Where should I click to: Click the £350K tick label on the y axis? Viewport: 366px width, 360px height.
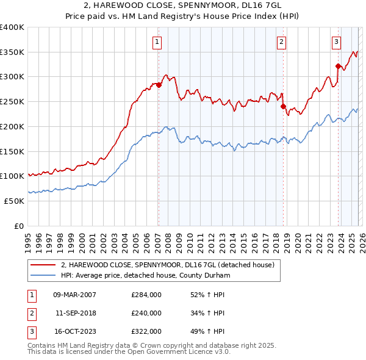pos(12,52)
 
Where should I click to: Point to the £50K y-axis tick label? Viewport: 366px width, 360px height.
pos(14,201)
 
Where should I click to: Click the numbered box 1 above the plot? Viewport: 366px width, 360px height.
pos(157,42)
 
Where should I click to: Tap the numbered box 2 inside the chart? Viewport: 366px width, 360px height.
pos(281,42)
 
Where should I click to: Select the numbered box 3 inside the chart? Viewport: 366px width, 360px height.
pos(336,42)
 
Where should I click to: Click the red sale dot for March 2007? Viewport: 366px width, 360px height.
pos(159,85)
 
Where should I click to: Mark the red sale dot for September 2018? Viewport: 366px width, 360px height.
pos(283,106)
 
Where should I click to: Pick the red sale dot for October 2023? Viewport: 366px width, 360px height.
pos(338,66)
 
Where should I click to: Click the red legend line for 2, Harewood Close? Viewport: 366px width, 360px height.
pos(43,265)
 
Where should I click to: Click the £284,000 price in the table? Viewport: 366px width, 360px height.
pos(146,295)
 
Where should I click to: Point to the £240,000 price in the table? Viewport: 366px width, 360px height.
pos(146,313)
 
